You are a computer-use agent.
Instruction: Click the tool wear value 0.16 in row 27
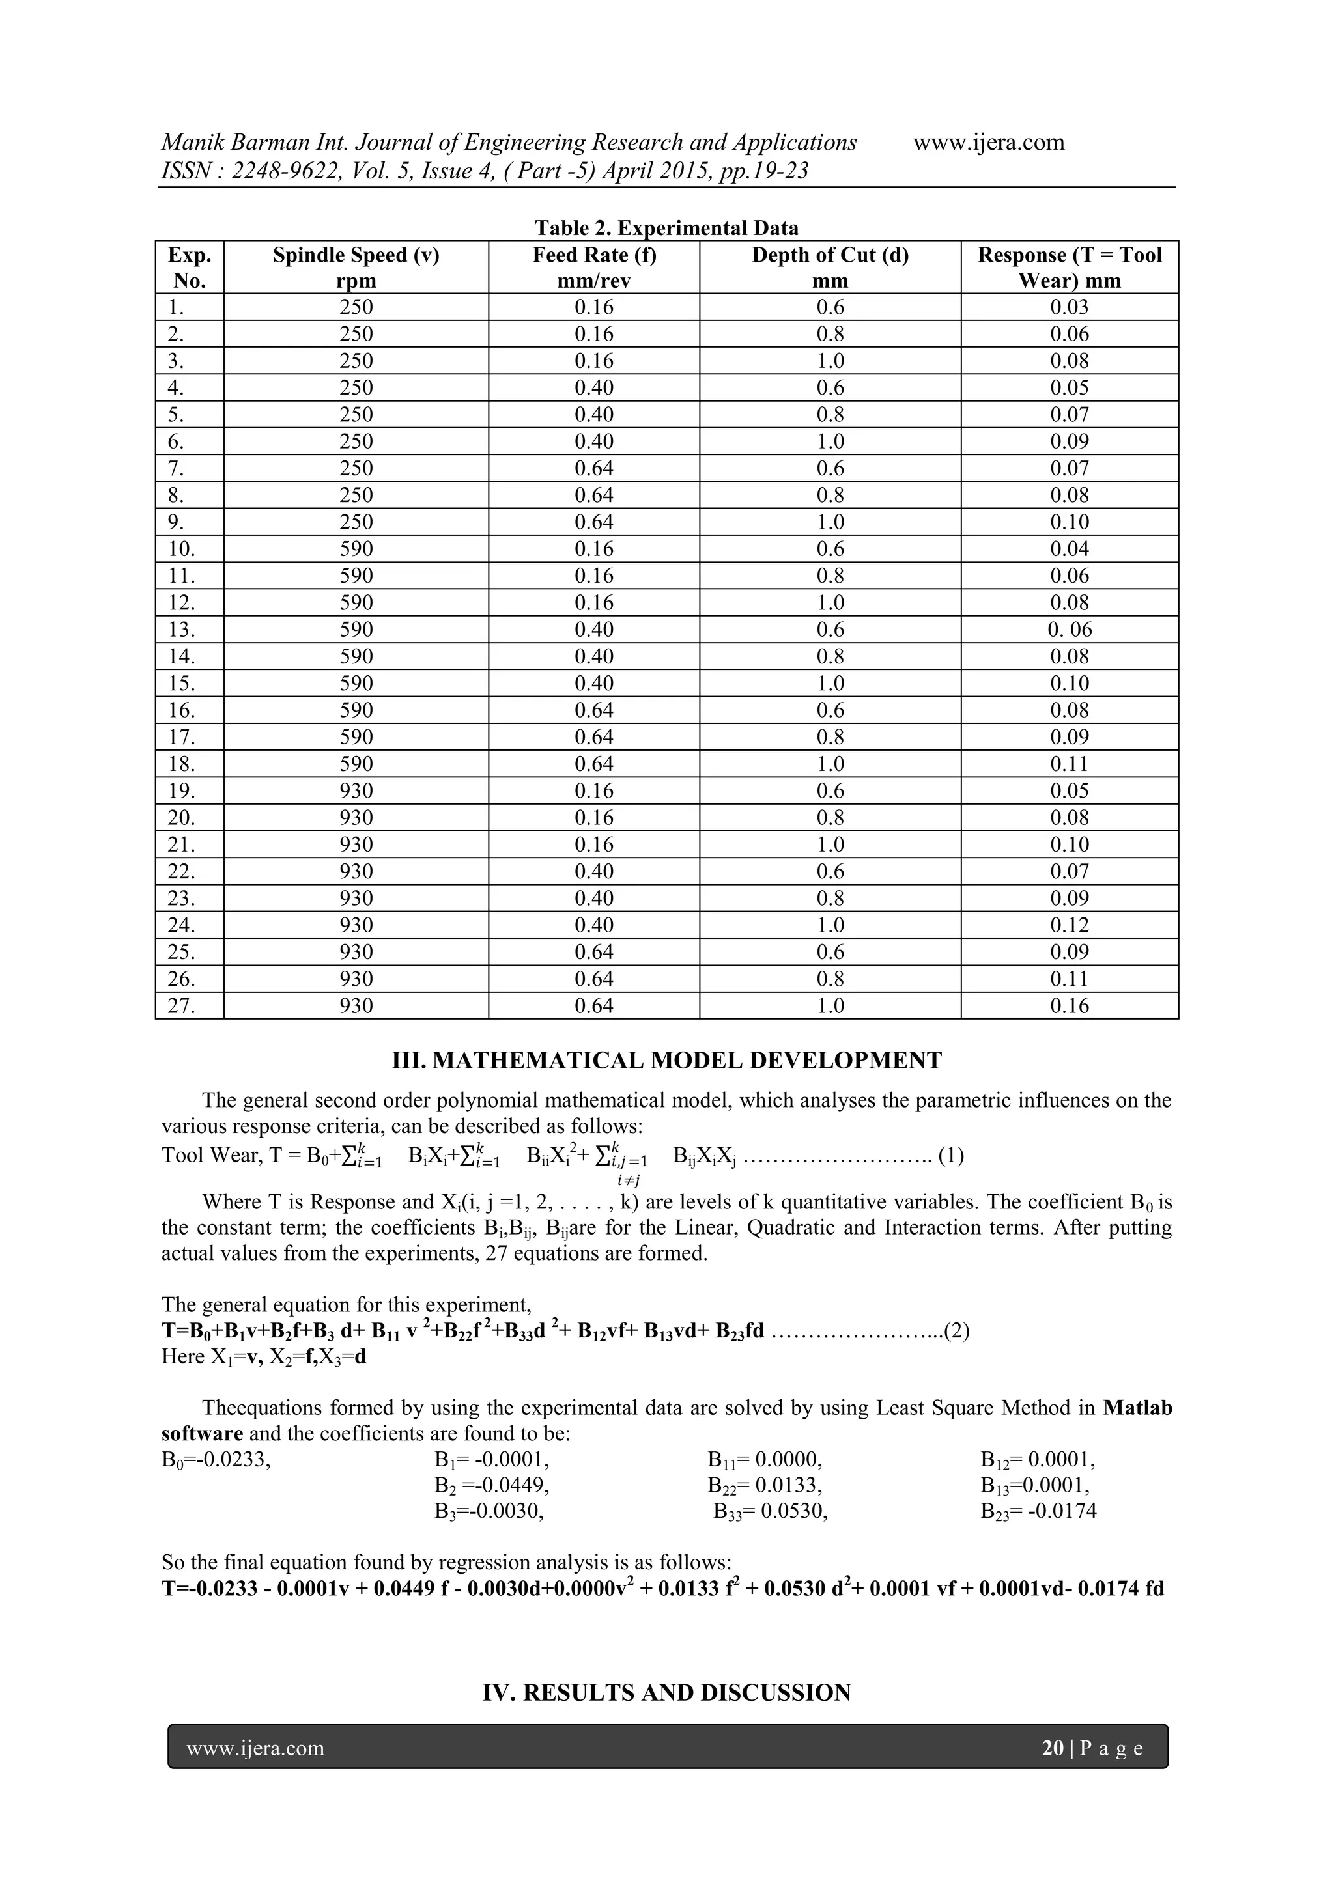pyautogui.click(x=1069, y=1006)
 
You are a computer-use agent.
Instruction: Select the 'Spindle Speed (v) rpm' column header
pyautogui.click(x=356, y=268)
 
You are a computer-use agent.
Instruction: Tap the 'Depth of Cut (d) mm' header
pyautogui.click(x=830, y=268)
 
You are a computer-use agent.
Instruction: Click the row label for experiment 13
pyautogui.click(x=182, y=630)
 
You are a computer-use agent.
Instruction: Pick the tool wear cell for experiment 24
pyautogui.click(x=1069, y=925)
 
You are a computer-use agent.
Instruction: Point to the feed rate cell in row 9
pyautogui.click(x=593, y=522)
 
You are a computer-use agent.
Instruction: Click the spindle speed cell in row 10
pyautogui.click(x=356, y=550)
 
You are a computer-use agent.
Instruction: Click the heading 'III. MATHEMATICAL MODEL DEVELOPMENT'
pyautogui.click(x=666, y=1060)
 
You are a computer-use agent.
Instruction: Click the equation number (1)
pyautogui.click(x=950, y=1156)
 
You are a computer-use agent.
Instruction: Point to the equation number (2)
pyautogui.click(x=956, y=1331)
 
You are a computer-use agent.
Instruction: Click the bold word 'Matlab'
pyautogui.click(x=1137, y=1408)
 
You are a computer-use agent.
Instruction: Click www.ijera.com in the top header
pyautogui.click(x=988, y=143)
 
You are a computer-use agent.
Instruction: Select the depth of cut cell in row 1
pyautogui.click(x=830, y=307)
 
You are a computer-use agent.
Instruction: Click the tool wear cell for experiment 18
pyautogui.click(x=1069, y=764)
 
